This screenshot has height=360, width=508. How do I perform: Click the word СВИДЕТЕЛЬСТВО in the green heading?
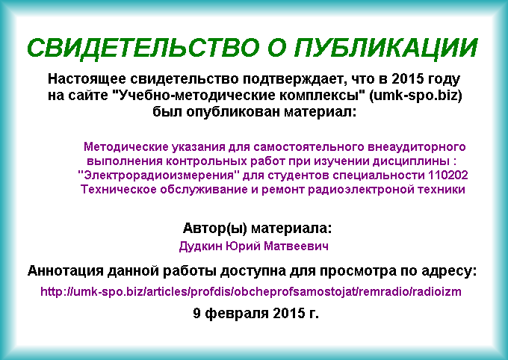coord(143,49)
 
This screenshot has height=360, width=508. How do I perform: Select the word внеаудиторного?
coord(417,147)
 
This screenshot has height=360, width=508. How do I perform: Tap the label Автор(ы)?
coord(215,228)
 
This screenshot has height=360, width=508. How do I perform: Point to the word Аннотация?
coord(65,271)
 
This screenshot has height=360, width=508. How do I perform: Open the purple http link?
coord(251,291)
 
